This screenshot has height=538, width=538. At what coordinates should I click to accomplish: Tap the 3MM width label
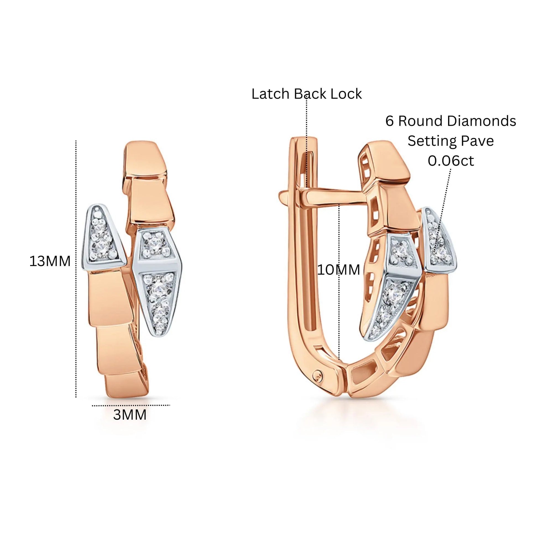point(130,415)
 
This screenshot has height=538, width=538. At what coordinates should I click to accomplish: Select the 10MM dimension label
point(339,270)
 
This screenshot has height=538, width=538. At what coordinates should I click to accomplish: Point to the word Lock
point(346,94)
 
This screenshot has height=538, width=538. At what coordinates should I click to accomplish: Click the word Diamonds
point(482,121)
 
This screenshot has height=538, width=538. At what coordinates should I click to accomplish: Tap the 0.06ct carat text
point(451,161)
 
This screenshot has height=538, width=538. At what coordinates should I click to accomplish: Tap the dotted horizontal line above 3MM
point(131,406)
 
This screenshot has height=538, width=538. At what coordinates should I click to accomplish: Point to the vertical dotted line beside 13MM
point(76,269)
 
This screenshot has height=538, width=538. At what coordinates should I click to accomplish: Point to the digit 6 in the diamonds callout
point(390,121)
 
